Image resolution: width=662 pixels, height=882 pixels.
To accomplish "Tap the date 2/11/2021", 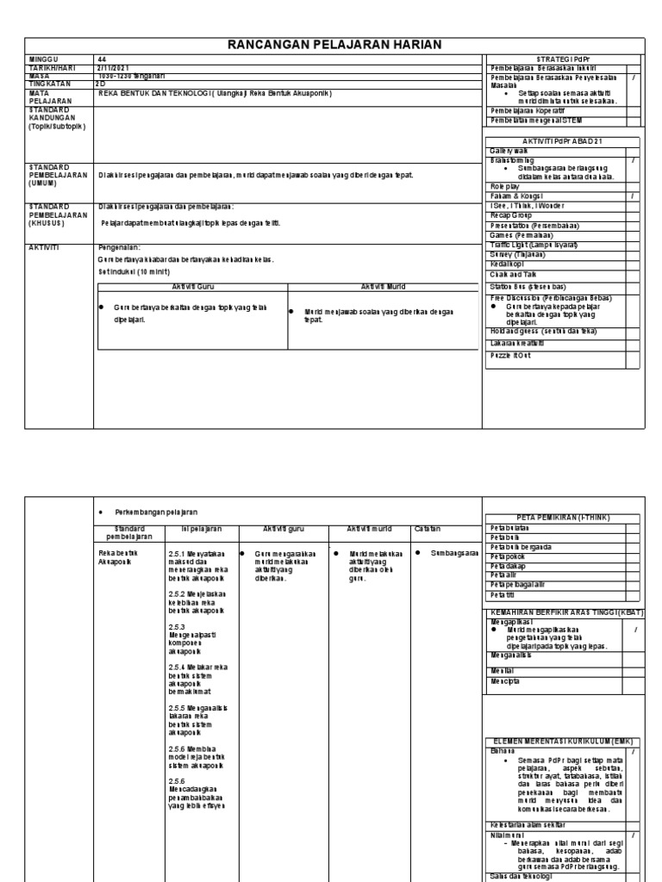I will click(115, 67).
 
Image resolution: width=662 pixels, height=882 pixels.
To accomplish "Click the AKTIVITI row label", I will click(45, 245).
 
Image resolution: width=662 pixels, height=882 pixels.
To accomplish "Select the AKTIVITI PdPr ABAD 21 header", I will click(564, 140).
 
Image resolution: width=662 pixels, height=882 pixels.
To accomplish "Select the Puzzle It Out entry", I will click(512, 354).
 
